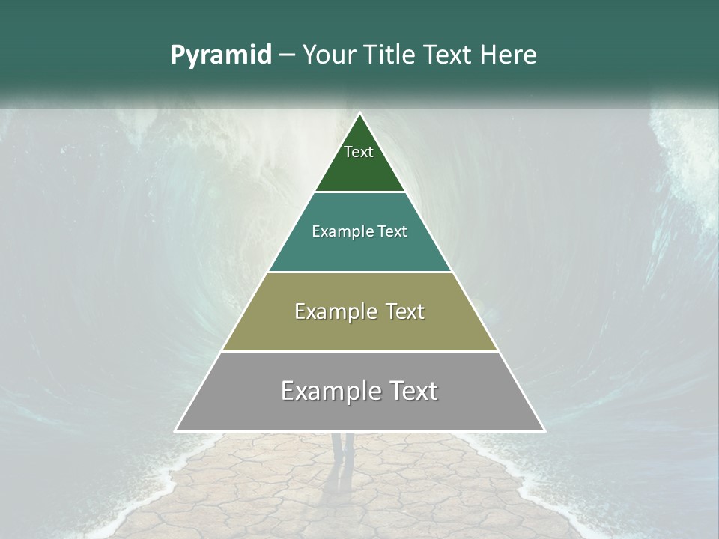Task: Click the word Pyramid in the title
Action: click(220, 55)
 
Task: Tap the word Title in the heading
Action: click(390, 55)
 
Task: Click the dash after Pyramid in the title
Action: click(285, 55)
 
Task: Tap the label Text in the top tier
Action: click(359, 152)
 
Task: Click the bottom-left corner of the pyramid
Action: click(176, 430)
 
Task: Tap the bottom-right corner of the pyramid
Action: click(544, 430)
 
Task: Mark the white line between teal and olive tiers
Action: click(359, 272)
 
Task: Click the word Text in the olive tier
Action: click(401, 311)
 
